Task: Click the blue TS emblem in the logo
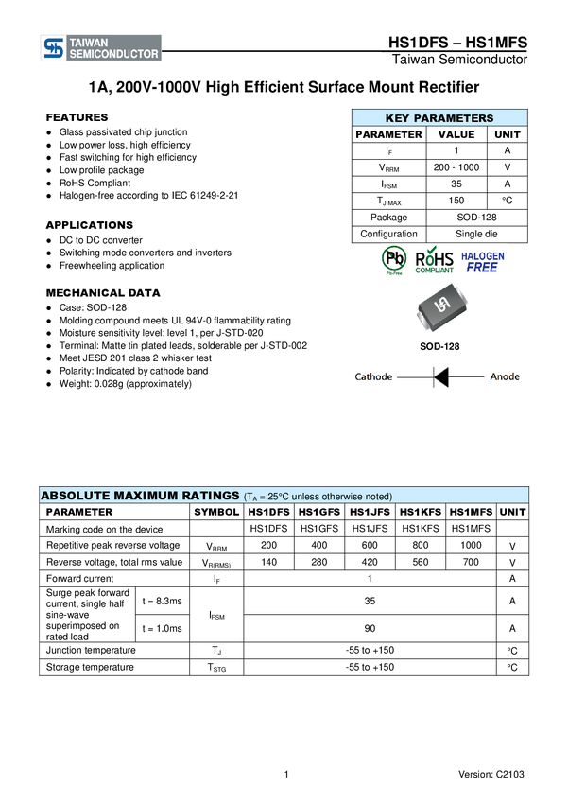click(54, 48)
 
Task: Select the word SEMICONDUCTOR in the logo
click(112, 55)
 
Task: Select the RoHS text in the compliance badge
click(435, 256)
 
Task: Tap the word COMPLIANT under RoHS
click(435, 271)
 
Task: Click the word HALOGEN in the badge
click(482, 255)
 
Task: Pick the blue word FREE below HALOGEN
click(482, 268)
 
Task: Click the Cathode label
click(373, 376)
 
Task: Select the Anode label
click(505, 376)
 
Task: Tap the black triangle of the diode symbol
click(440, 376)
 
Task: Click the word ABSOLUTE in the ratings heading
click(76, 496)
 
